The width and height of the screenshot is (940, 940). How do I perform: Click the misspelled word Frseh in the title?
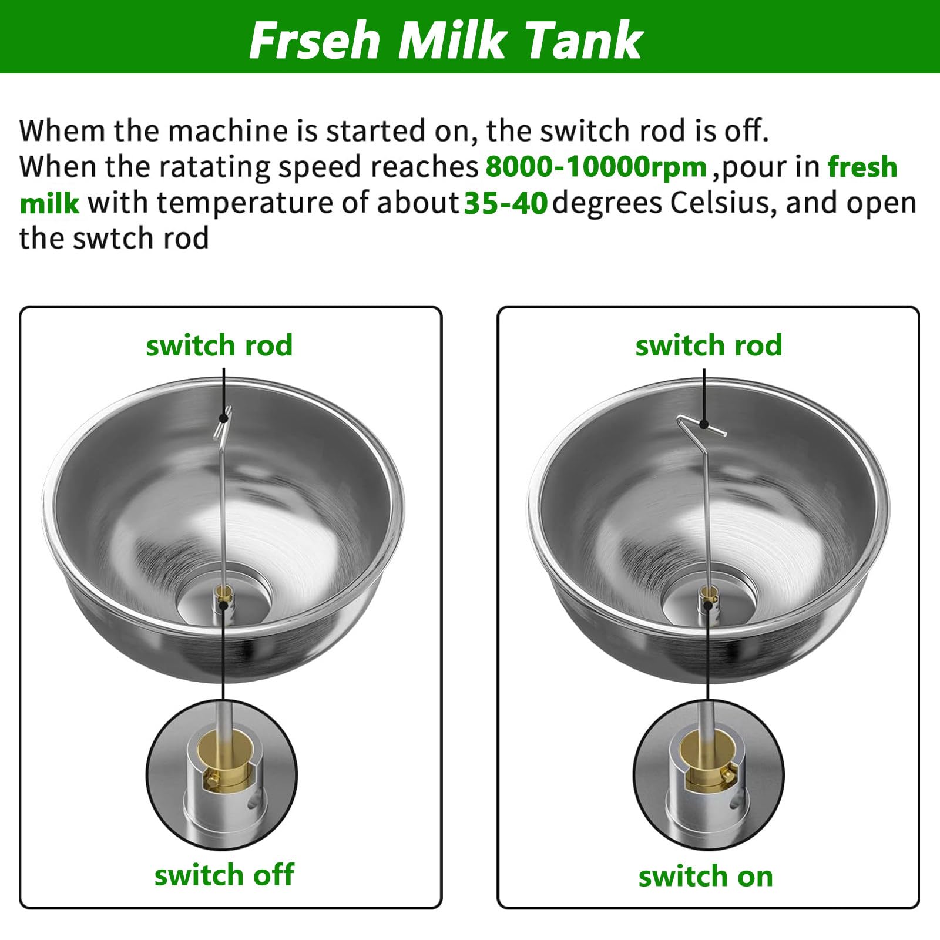point(315,40)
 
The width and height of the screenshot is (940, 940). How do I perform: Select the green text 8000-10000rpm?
point(596,167)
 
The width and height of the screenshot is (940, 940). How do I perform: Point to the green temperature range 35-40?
point(506,203)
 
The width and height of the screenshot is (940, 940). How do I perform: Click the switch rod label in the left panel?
point(219,345)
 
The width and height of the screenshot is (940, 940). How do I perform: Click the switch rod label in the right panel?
point(709,345)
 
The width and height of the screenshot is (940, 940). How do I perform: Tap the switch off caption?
point(224,875)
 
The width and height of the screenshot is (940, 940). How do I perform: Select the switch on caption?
point(706,877)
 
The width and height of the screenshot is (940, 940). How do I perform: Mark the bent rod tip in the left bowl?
point(223,421)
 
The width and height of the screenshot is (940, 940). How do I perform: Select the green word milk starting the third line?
point(49,203)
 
